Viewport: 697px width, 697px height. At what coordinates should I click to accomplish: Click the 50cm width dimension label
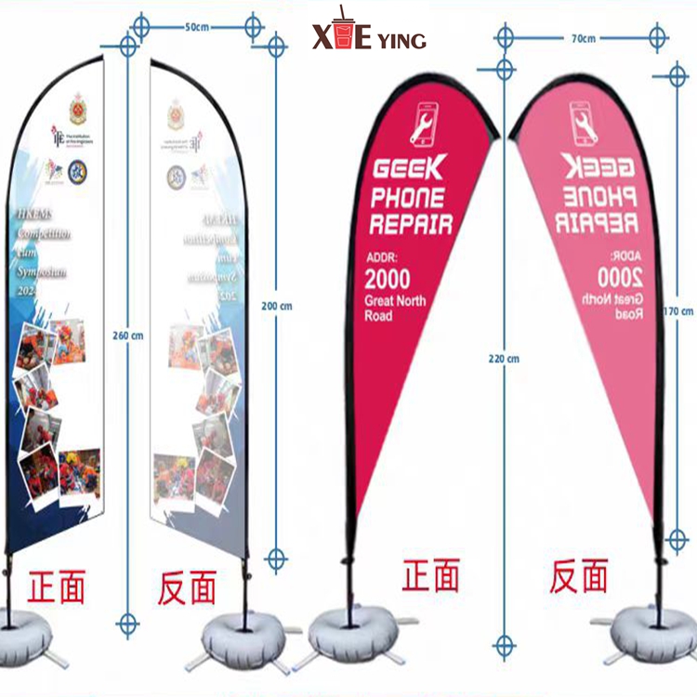pos(196,27)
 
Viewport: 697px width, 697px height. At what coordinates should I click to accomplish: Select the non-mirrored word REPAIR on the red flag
pos(410,224)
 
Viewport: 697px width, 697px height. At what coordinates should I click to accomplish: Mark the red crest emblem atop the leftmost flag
pos(79,110)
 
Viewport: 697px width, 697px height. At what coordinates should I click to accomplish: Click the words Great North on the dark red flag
pos(395,300)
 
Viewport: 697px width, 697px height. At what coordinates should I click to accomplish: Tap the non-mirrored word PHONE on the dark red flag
pos(407,197)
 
